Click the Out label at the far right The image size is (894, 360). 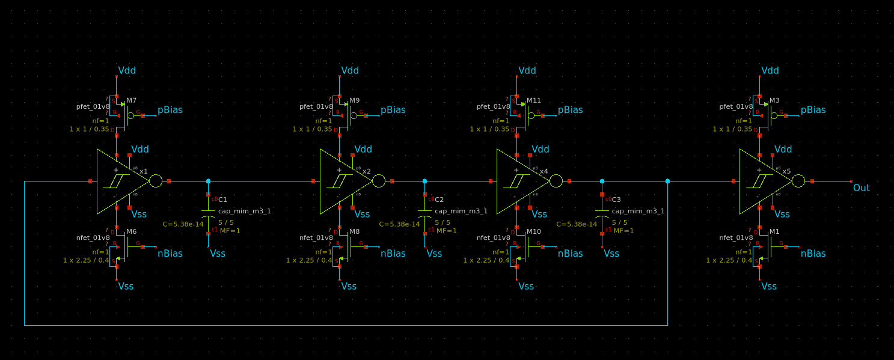point(861,188)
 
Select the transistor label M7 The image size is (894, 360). point(131,100)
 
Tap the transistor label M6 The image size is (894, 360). point(131,231)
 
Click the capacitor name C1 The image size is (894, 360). point(222,200)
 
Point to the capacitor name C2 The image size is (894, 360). point(439,200)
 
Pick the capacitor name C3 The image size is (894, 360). point(616,200)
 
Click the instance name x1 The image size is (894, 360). point(144,171)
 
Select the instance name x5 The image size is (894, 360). point(786,171)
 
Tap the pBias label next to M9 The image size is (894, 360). point(393,110)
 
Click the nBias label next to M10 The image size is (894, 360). point(570,254)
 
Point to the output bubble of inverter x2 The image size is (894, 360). point(378,181)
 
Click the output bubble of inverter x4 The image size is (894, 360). point(556,181)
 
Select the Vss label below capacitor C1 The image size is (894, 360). point(218,254)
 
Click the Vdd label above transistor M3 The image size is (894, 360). point(770,70)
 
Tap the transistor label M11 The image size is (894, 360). point(534,100)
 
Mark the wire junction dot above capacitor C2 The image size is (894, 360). point(424,181)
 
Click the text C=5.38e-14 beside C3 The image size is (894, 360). point(577,224)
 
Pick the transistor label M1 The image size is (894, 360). point(774,231)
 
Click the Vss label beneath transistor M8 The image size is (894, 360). point(349,286)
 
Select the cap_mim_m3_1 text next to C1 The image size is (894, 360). point(245,211)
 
